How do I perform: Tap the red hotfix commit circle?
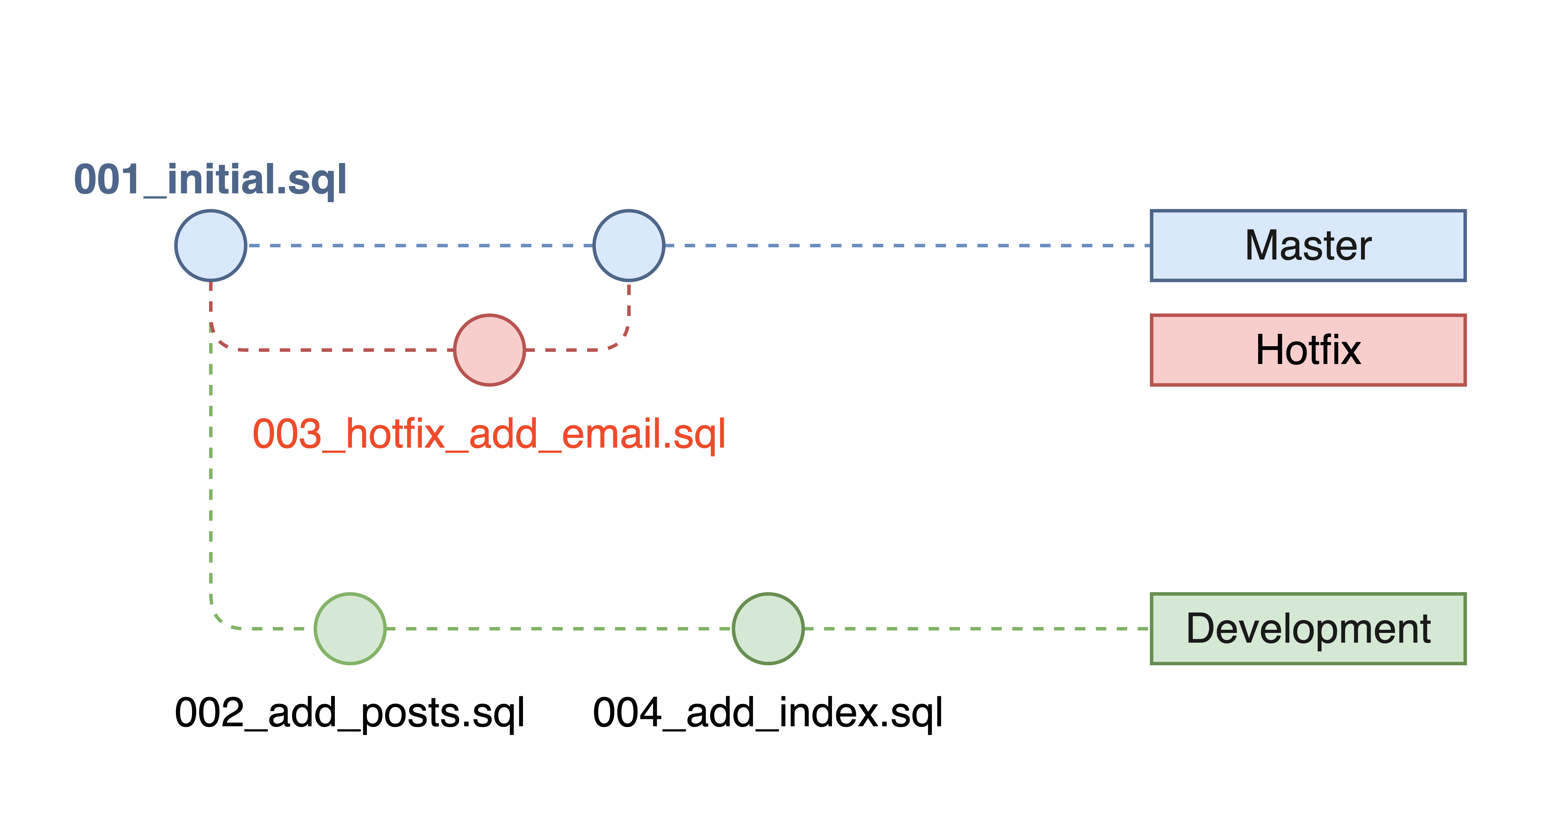[490, 350]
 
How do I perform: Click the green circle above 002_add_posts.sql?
[350, 628]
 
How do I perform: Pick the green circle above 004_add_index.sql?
[768, 628]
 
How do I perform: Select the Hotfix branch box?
[1307, 350]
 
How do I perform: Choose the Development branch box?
[1307, 628]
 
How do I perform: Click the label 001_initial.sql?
[210, 180]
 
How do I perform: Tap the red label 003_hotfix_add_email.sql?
[489, 434]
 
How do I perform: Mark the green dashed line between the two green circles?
[559, 628]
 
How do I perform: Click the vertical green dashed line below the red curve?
[210, 474]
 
